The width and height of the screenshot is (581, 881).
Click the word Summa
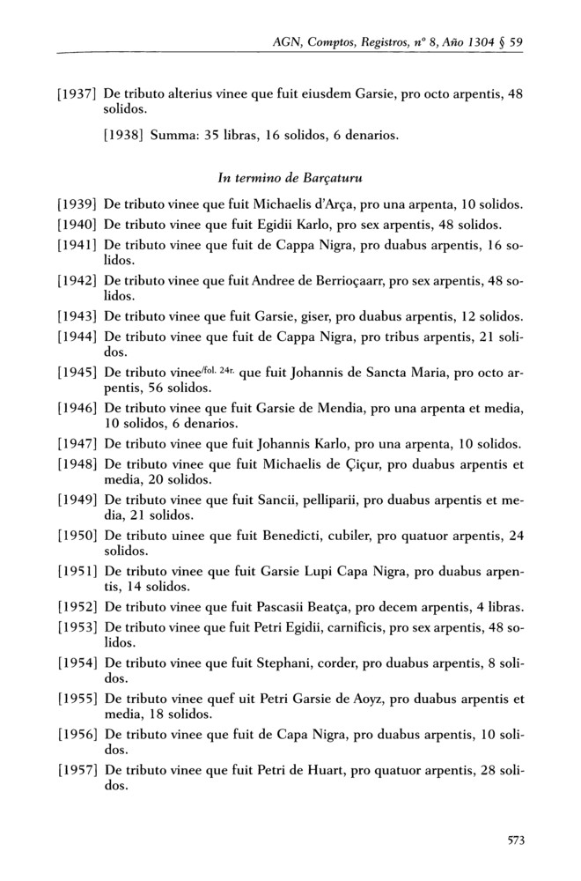click(174, 136)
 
